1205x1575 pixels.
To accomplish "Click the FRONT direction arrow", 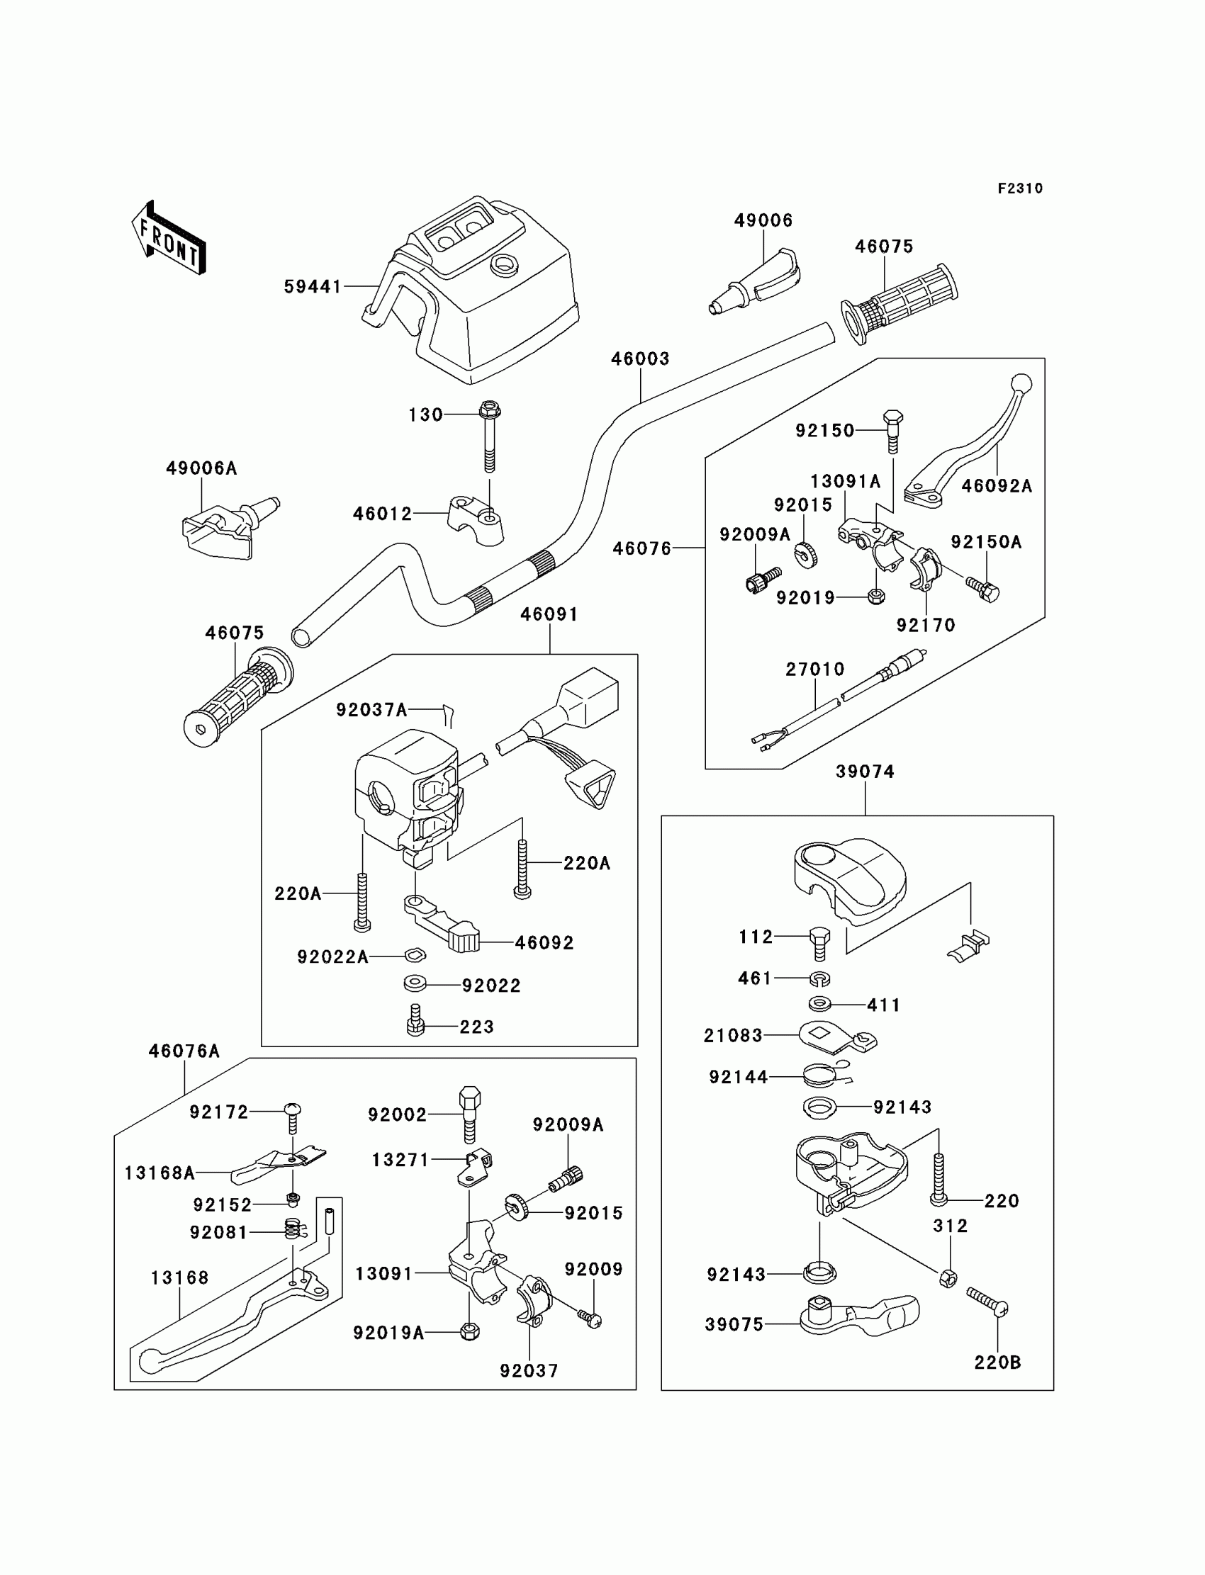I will pos(169,238).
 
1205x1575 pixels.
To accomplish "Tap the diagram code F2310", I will pos(1020,188).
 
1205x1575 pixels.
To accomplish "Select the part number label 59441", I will pos(313,287).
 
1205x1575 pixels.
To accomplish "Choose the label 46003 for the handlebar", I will pos(640,359).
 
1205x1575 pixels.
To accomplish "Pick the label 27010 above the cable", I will pos(815,669).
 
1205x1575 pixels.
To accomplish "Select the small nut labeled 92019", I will pos(875,596).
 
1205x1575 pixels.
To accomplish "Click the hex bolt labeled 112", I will pos(820,944).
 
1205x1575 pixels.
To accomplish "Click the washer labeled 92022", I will pos(415,984).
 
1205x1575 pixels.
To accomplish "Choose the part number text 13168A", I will pos(159,1173).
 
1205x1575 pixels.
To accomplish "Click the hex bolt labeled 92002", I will pos(469,1113).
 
